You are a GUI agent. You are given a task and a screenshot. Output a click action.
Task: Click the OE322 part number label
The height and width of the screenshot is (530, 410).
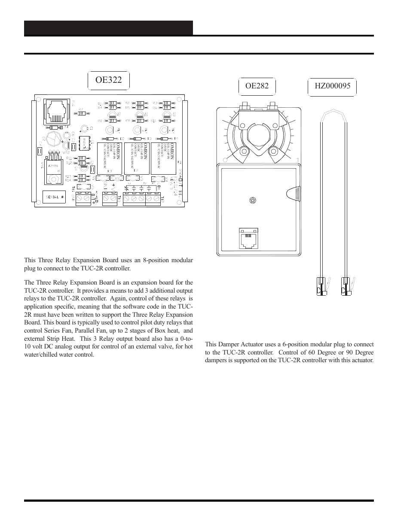(x=108, y=80)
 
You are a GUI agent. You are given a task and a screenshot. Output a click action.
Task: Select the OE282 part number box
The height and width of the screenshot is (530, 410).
(x=257, y=86)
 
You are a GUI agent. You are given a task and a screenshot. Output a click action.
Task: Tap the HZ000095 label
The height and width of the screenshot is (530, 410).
(x=332, y=86)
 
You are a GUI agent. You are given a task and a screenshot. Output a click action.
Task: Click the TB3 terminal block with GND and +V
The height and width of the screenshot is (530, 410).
(x=110, y=198)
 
